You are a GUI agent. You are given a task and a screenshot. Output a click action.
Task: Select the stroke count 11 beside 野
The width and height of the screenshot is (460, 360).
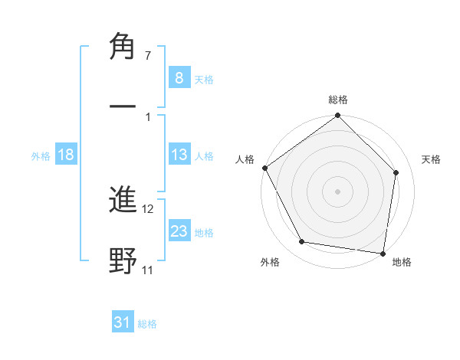[148, 270]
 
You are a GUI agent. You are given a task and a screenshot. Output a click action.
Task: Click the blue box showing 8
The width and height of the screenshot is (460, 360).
[179, 78]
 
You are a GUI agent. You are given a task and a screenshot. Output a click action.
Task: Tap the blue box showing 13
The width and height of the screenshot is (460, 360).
[179, 155]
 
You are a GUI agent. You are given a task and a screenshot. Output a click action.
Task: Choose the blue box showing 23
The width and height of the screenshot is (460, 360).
[179, 232]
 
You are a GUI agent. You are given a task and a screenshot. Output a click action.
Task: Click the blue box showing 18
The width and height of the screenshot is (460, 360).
[66, 155]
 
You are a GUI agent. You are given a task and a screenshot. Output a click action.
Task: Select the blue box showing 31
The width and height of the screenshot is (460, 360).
[123, 323]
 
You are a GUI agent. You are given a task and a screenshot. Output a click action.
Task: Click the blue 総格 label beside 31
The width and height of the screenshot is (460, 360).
[148, 324]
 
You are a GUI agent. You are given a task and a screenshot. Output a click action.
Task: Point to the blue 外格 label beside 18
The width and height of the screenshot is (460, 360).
[41, 156]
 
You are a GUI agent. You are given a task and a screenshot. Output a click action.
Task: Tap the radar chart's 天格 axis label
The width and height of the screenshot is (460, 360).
[431, 159]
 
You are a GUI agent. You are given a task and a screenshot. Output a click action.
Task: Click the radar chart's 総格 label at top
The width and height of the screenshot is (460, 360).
[338, 100]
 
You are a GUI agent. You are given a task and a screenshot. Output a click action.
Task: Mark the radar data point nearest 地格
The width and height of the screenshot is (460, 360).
[383, 253]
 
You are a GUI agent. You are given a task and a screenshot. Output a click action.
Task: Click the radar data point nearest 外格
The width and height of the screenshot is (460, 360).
[302, 242]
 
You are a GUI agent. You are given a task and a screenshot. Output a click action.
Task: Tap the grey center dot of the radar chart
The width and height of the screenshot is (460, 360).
[338, 191]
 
